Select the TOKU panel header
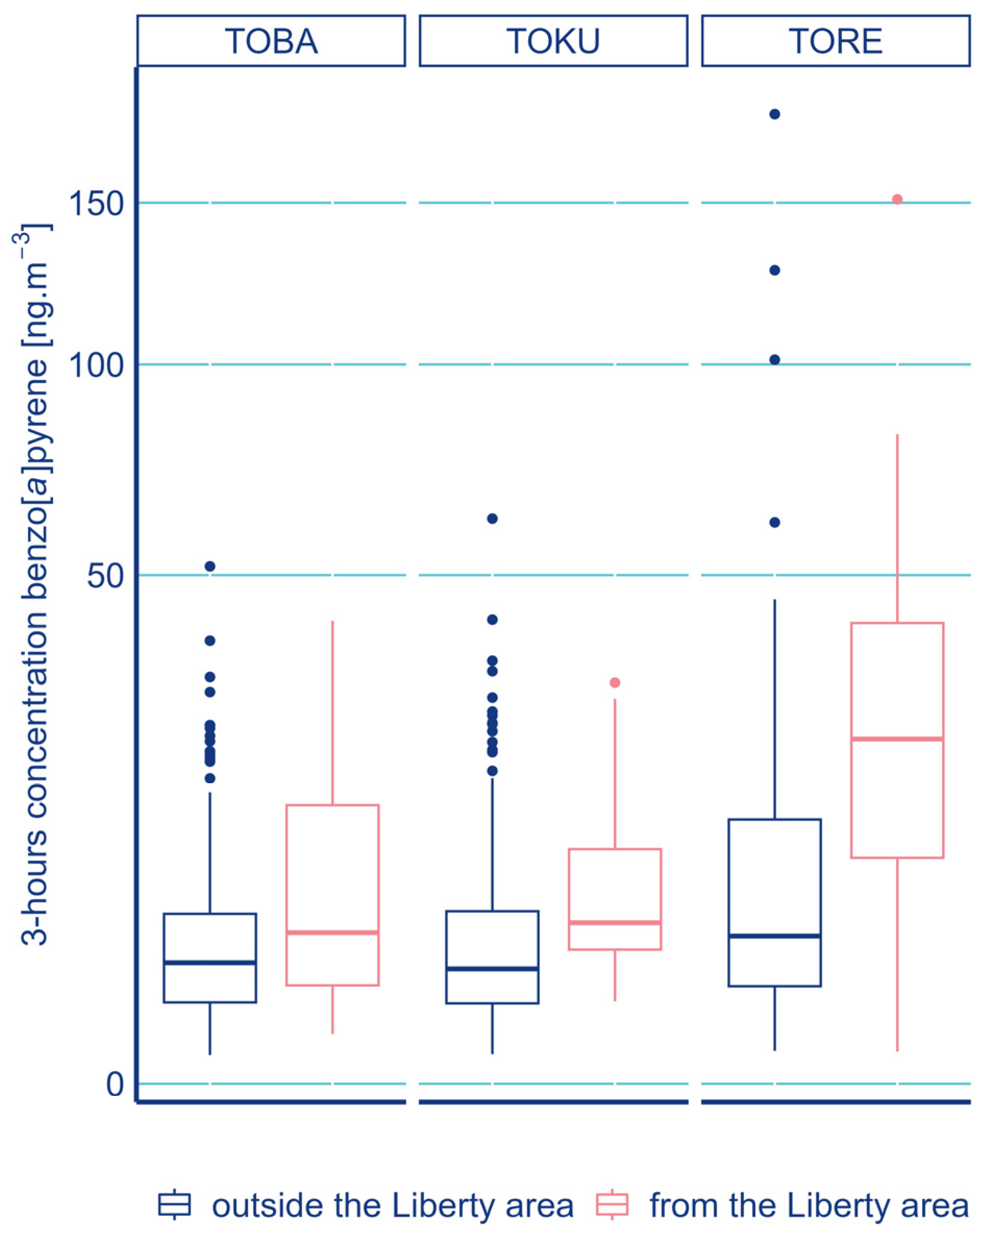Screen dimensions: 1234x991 553,41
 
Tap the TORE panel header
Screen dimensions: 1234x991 835,41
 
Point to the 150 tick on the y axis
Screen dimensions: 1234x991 96,204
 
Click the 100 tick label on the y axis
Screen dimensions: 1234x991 96,365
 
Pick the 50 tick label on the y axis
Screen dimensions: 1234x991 105,576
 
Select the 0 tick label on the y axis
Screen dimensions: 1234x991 115,1084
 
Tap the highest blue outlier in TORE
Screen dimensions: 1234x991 775,115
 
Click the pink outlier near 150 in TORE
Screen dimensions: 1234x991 897,200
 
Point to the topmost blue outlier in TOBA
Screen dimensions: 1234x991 210,566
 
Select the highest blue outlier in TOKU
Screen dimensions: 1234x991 492,519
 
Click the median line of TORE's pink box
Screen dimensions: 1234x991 897,739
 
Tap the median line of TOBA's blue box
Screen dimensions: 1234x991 210,962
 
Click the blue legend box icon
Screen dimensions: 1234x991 175,1204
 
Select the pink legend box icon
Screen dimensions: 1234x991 612,1204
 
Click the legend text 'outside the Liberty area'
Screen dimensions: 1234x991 392,1205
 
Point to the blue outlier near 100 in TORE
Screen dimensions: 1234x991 775,360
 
